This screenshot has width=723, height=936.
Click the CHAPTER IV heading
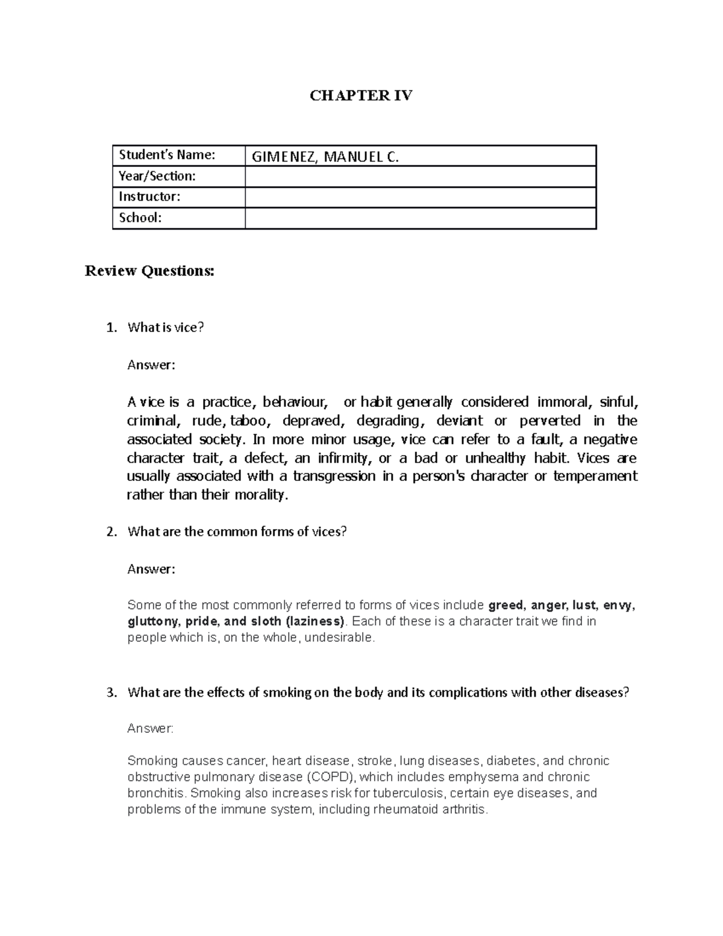361,95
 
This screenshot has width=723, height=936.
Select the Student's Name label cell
167,155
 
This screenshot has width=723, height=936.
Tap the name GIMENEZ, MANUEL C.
325,157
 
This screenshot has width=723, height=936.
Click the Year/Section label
157,176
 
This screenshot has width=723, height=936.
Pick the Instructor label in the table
149,196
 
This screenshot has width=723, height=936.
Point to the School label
140,218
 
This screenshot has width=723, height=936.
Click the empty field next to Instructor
420,197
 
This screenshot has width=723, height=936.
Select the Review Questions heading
149,271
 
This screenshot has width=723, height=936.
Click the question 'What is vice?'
166,327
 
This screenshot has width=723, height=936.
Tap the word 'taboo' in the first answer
248,420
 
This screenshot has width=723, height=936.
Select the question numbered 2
237,532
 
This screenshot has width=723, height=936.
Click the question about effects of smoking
378,693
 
